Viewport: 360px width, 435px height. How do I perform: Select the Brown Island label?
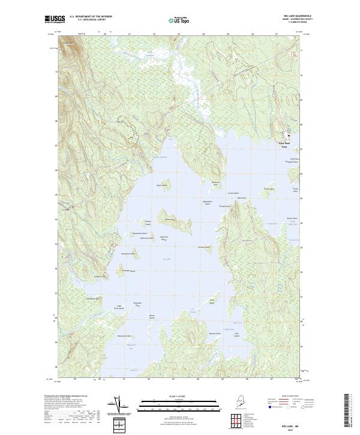pyautogui.click(x=152, y=316)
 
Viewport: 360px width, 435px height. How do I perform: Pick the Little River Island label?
pyautogui.click(x=118, y=307)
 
